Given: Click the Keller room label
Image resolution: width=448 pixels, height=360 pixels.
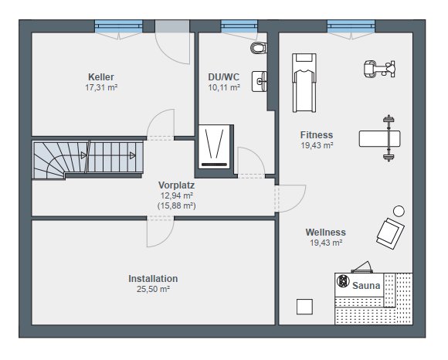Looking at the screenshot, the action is click(x=101, y=76).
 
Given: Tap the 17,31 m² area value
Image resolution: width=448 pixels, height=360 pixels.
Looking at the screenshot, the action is click(x=101, y=87).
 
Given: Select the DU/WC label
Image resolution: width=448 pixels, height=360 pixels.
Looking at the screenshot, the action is click(x=224, y=76).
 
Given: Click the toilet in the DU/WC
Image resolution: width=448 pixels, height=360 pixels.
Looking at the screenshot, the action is click(x=259, y=48).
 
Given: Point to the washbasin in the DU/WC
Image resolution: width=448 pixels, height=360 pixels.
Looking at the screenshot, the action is click(x=259, y=81).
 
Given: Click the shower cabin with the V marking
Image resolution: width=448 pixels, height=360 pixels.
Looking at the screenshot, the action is click(x=214, y=146).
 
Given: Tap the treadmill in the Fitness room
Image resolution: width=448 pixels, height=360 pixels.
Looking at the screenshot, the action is click(x=304, y=83).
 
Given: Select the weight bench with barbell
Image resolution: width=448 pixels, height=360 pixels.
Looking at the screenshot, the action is click(x=380, y=138).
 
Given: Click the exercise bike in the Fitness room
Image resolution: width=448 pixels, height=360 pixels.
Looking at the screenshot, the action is click(x=379, y=69).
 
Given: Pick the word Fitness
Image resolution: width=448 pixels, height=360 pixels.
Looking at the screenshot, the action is click(x=317, y=134).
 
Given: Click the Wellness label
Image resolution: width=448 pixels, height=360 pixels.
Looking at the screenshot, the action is click(x=326, y=232).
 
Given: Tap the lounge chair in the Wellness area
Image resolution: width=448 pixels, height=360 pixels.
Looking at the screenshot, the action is click(x=390, y=233).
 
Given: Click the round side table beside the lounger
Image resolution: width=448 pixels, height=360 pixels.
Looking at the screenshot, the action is click(x=399, y=211).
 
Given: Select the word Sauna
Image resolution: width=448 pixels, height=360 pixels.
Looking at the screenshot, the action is click(x=366, y=285).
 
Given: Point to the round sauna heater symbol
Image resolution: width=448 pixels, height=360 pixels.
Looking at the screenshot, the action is click(x=343, y=281).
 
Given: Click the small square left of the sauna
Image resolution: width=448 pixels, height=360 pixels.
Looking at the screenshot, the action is click(x=304, y=307).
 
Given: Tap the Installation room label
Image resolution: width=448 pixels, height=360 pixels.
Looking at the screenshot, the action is click(x=153, y=279).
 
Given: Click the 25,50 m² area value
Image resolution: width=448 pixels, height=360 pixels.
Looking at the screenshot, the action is click(x=153, y=289).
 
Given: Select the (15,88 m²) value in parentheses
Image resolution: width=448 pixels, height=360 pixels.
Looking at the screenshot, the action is click(x=177, y=205).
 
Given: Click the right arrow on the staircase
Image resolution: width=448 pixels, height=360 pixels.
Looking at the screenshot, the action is click(x=132, y=155).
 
